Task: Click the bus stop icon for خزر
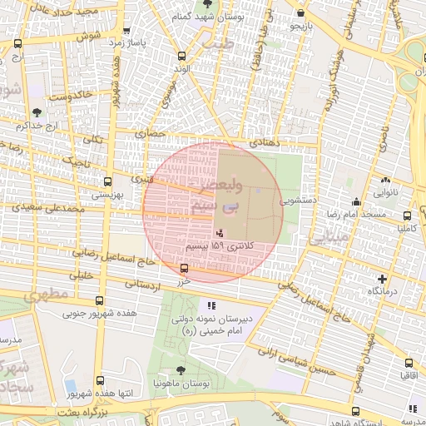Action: click(x=184, y=268)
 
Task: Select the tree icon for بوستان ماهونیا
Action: click(x=181, y=370)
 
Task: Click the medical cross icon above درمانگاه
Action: click(x=382, y=279)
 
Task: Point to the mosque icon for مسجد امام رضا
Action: click(x=356, y=201)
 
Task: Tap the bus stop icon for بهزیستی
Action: click(x=106, y=181)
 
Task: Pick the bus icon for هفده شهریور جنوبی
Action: click(x=100, y=301)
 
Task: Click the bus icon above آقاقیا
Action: click(x=408, y=363)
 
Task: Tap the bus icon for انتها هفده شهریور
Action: click(x=100, y=380)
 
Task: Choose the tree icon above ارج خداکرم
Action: click(x=36, y=112)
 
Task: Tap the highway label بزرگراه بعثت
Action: click(x=82, y=412)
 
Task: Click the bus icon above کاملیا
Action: click(x=406, y=213)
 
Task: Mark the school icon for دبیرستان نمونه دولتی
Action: click(x=211, y=305)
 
